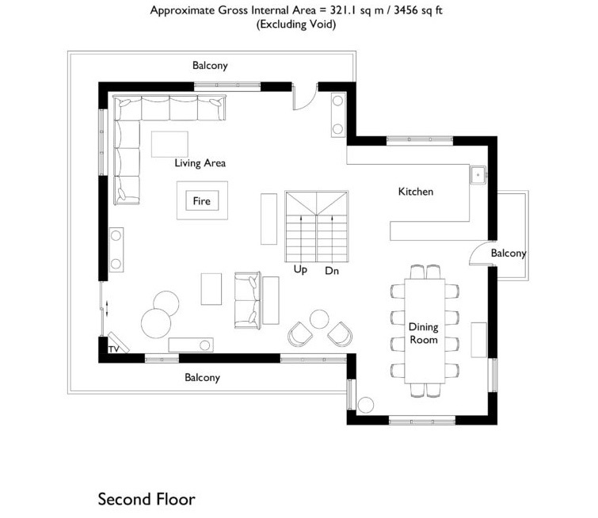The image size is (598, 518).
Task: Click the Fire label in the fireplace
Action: click(x=201, y=200)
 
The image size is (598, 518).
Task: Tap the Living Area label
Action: click(x=200, y=163)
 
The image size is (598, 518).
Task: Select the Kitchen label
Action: click(x=416, y=191)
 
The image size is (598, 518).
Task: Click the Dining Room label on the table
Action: click(x=423, y=333)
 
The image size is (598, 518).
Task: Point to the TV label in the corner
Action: click(x=113, y=349)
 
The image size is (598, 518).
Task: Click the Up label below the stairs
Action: click(x=300, y=269)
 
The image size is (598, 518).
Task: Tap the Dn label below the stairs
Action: click(x=332, y=270)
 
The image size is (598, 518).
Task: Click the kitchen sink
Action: click(x=478, y=175)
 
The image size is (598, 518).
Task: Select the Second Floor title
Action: click(x=147, y=499)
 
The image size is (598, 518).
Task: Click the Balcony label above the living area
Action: click(x=210, y=66)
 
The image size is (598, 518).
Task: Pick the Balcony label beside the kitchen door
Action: click(x=508, y=253)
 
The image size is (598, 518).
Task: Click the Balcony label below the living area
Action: click(x=202, y=377)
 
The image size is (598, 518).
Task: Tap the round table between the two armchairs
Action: click(x=319, y=319)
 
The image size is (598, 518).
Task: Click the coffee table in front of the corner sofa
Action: click(x=169, y=144)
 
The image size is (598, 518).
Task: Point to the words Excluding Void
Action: click(x=296, y=25)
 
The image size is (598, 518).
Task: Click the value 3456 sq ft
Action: click(x=418, y=10)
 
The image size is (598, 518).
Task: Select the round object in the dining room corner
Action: click(x=366, y=405)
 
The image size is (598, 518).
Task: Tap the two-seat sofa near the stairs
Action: click(x=247, y=300)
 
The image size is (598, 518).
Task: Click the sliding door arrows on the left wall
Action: click(x=107, y=308)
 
